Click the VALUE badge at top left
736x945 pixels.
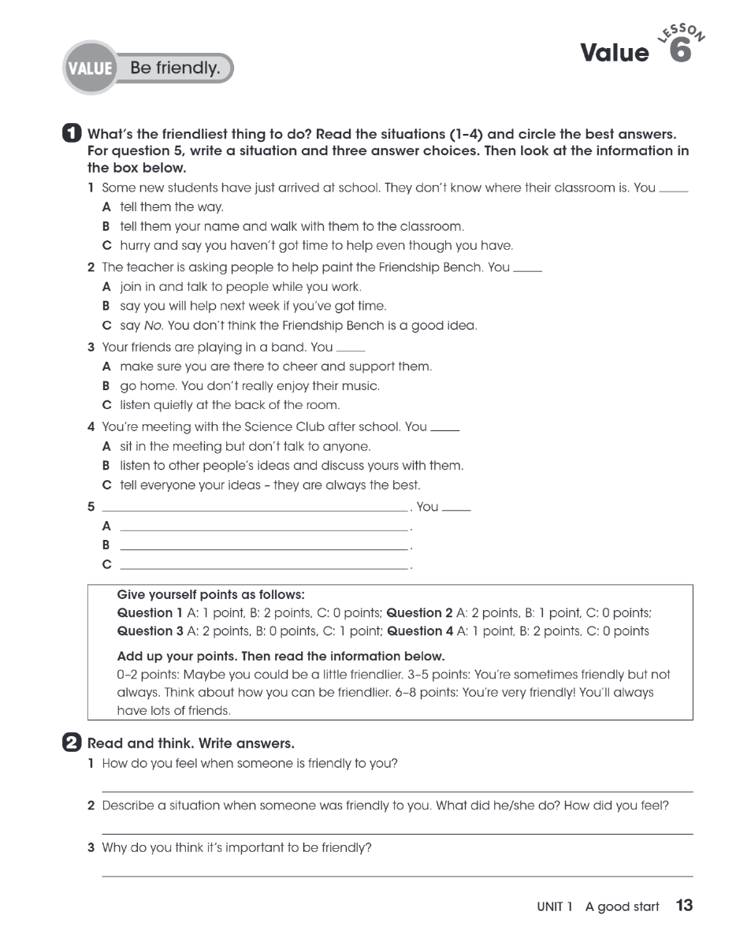[x=90, y=69]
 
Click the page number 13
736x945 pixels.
[x=684, y=906]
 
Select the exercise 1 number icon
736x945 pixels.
[x=70, y=134]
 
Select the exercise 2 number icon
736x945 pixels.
[x=70, y=742]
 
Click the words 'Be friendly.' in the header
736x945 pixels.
[x=175, y=69]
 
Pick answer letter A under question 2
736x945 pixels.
[x=106, y=287]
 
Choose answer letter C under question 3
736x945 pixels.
[x=106, y=405]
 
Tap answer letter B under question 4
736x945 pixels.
[x=106, y=466]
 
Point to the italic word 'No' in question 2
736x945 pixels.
[x=152, y=326]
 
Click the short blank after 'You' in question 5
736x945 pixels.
[x=456, y=510]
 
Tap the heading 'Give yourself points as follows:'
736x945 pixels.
[x=210, y=594]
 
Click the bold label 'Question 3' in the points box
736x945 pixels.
[x=144, y=631]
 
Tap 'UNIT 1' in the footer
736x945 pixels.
[x=555, y=907]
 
